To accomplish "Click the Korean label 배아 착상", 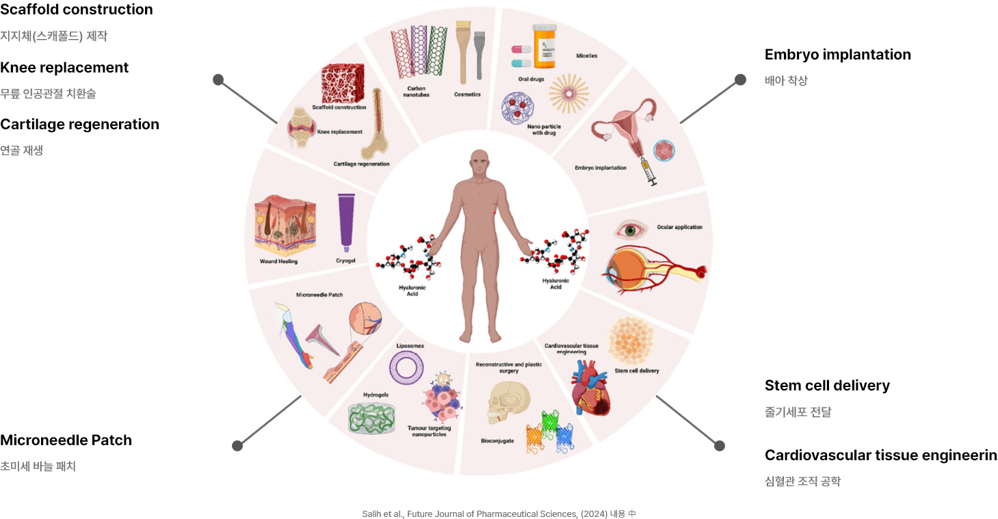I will pyautogui.click(x=786, y=81).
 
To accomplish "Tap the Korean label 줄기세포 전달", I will pyautogui.click(x=798, y=412).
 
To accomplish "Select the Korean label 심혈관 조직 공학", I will pyautogui.click(x=802, y=481).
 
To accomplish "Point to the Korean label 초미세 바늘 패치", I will pyautogui.click(x=38, y=467).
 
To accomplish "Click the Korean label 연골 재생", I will pyautogui.click(x=21, y=150).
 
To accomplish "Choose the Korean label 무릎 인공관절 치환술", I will pyautogui.click(x=48, y=94).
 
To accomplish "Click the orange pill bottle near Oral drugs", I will pyautogui.click(x=545, y=46).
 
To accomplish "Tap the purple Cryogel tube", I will pyautogui.click(x=346, y=220).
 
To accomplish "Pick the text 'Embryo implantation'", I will pyautogui.click(x=600, y=168).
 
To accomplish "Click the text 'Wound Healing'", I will pyautogui.click(x=278, y=261).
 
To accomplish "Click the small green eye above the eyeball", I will pyautogui.click(x=628, y=228).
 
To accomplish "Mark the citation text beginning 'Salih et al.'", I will pyautogui.click(x=499, y=513).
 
